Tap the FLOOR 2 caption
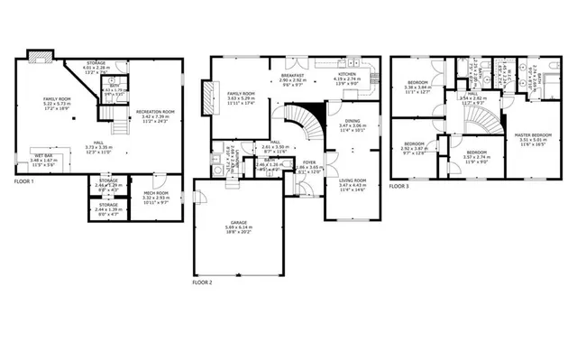(x=202, y=282)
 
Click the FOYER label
(x=309, y=163)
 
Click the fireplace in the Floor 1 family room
(x=39, y=59)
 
